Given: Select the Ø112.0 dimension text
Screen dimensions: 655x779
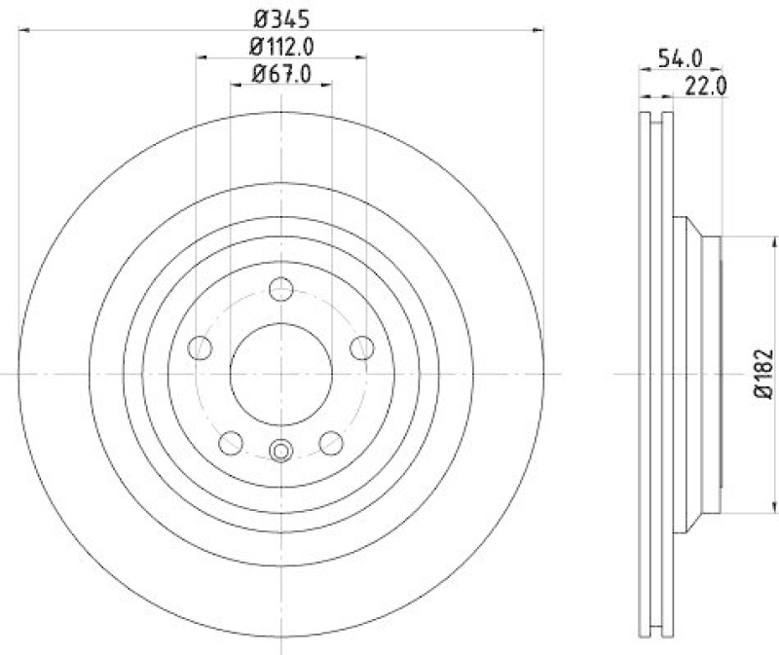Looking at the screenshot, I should [281, 45].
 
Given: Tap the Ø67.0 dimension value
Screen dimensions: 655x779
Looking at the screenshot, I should [281, 74].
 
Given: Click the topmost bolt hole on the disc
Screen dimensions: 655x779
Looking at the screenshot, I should [281, 289].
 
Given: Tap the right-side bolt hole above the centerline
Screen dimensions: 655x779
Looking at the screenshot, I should [363, 347].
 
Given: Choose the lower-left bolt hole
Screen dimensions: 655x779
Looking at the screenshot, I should [231, 443].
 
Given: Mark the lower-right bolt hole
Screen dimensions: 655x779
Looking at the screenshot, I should [332, 443].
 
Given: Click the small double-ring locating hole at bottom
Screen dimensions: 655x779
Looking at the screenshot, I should [281, 451].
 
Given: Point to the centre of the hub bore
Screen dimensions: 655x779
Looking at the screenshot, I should [281, 375].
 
